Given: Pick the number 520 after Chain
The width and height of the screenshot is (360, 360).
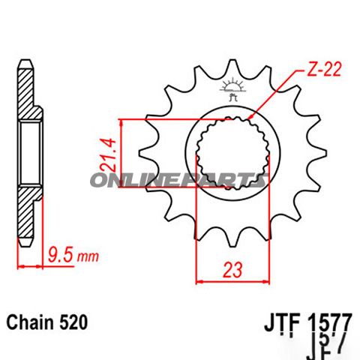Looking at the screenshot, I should (75, 323).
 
